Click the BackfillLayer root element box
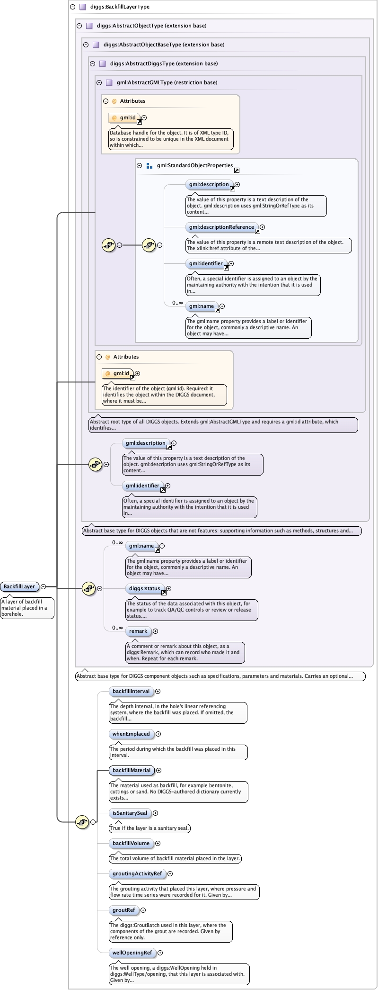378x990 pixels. pyautogui.click(x=19, y=586)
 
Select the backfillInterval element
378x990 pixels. pyautogui.click(x=131, y=691)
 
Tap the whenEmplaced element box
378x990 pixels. pyautogui.click(x=131, y=734)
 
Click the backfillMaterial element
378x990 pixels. pyautogui.click(x=132, y=770)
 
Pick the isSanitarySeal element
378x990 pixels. pyautogui.click(x=130, y=813)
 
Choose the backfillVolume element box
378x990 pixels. pyautogui.click(x=131, y=843)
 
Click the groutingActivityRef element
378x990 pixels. pyautogui.click(x=137, y=873)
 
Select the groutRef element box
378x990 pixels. pyautogui.click(x=124, y=910)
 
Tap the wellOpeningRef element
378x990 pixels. pyautogui.click(x=132, y=953)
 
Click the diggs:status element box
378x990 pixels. pyautogui.click(x=145, y=588)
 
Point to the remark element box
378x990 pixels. pyautogui.click(x=138, y=631)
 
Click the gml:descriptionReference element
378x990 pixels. pyautogui.click(x=222, y=227)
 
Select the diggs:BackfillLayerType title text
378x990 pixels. pyautogui.click(x=120, y=7)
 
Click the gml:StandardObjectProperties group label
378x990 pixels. pyautogui.click(x=194, y=165)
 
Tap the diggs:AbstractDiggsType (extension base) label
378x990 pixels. pyautogui.click(x=164, y=63)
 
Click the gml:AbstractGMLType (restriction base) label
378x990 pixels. pyautogui.click(x=167, y=82)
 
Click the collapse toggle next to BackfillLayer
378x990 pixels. pyautogui.click(x=43, y=586)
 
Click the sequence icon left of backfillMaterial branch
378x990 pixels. pyautogui.click(x=82, y=822)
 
